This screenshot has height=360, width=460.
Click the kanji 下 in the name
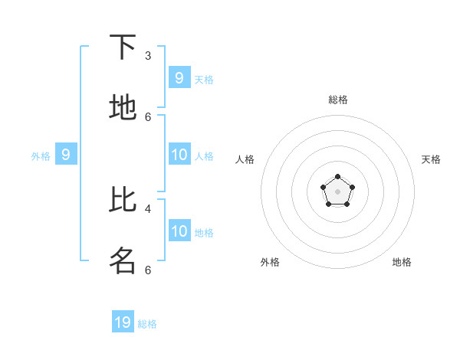pyautogui.click(x=123, y=47)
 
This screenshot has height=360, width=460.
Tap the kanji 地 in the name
pyautogui.click(x=123, y=108)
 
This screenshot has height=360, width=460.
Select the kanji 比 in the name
pyautogui.click(x=123, y=199)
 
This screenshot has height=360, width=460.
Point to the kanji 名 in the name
pyautogui.click(x=123, y=260)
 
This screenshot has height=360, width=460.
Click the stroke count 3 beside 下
pyautogui.click(x=148, y=56)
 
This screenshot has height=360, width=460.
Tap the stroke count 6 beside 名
pyautogui.click(x=148, y=270)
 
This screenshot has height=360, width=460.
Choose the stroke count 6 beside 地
pyautogui.click(x=148, y=116)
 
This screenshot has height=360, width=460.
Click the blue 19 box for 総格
pyautogui.click(x=123, y=322)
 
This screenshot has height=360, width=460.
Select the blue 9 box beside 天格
pyautogui.click(x=179, y=77)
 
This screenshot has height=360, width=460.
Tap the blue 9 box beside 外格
pyautogui.click(x=66, y=154)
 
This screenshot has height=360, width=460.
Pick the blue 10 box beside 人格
pyautogui.click(x=179, y=154)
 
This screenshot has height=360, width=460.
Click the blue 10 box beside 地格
pyautogui.click(x=179, y=231)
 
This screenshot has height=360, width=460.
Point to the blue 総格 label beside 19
pyautogui.click(x=147, y=324)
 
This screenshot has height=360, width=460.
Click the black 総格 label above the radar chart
pyautogui.click(x=337, y=100)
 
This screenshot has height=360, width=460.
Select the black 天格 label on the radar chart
pyautogui.click(x=431, y=159)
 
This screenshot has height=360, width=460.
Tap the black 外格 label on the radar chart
pyautogui.click(x=270, y=262)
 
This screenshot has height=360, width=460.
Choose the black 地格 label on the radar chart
pyautogui.click(x=402, y=262)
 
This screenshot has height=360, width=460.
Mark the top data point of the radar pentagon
pyautogui.click(x=337, y=177)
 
